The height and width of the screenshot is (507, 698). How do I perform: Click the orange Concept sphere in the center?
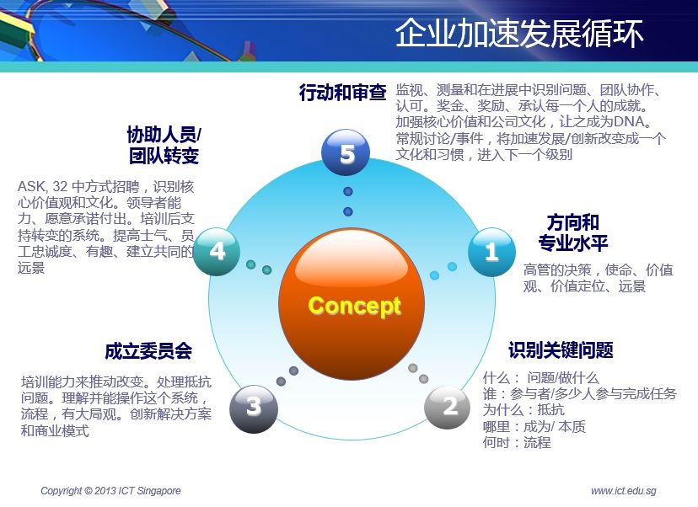pyautogui.click(x=352, y=304)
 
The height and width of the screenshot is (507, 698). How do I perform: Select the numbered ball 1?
pyautogui.click(x=491, y=252)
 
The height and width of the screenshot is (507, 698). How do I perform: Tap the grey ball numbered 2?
pyautogui.click(x=448, y=407)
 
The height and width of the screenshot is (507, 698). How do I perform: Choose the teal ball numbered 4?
pyautogui.click(x=217, y=251)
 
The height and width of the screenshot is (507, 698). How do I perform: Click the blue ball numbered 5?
pyautogui.click(x=346, y=153)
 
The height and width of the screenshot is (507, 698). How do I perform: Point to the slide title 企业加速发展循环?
pyautogui.click(x=519, y=33)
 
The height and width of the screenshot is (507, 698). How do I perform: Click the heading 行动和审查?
pyautogui.click(x=342, y=92)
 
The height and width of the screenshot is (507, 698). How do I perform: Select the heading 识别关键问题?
pyautogui.click(x=561, y=350)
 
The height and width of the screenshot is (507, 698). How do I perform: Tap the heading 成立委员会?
pyautogui.click(x=148, y=351)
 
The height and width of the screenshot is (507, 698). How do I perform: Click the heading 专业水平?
pyautogui.click(x=573, y=243)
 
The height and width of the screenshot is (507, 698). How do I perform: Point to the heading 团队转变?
pyautogui.click(x=164, y=156)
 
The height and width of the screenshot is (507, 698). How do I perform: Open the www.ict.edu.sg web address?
pyautogui.click(x=624, y=490)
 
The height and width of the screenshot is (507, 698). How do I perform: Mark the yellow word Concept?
pyautogui.click(x=354, y=307)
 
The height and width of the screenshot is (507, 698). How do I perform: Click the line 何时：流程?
pyautogui.click(x=517, y=442)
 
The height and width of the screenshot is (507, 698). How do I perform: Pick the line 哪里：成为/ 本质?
pyautogui.click(x=534, y=426)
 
